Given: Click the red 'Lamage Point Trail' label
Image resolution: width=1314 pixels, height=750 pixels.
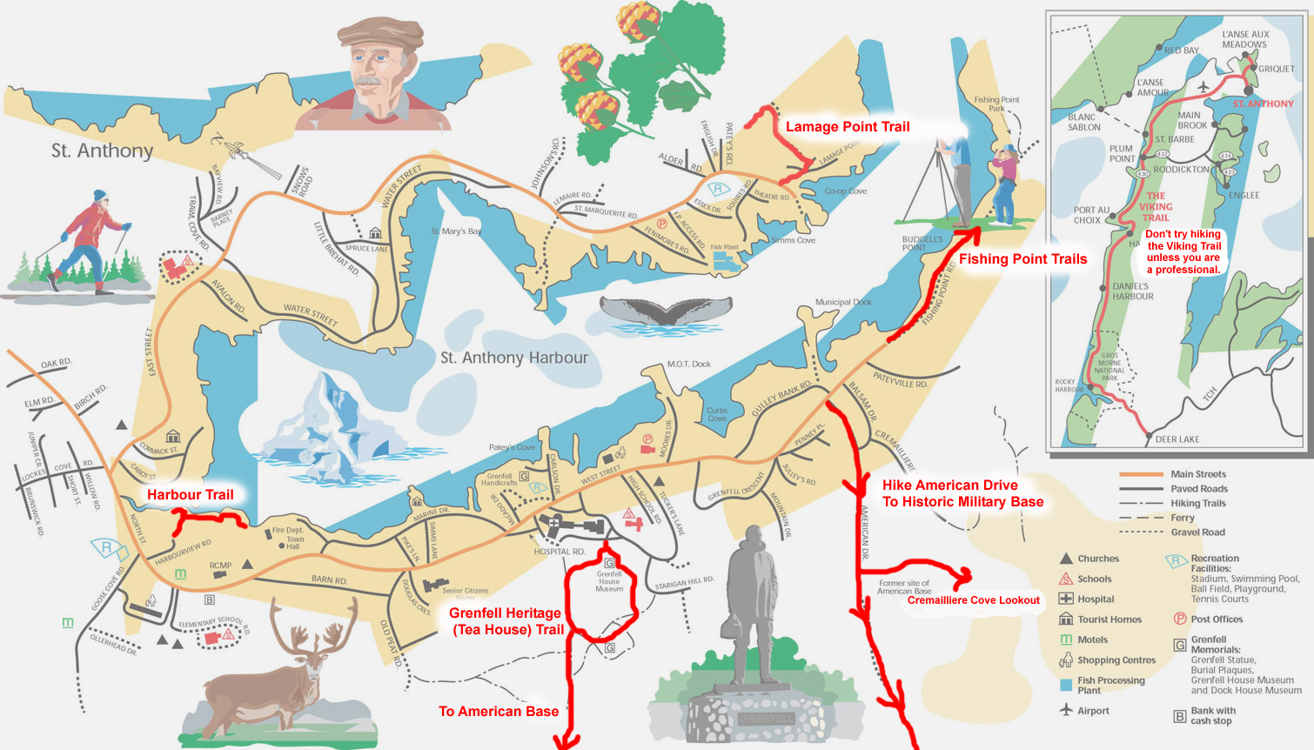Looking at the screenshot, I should coord(847,127).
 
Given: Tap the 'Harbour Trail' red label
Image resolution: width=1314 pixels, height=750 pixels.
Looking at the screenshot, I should coord(190,495).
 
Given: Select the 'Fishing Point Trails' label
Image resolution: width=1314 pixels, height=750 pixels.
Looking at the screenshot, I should coord(1022,259).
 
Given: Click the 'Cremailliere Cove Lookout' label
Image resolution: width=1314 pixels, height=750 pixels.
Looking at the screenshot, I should coord(973,600).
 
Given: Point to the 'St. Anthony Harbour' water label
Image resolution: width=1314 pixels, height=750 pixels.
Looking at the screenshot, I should coord(513,358).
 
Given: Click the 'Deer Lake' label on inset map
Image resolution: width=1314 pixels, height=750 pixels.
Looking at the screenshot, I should coord(1177,439).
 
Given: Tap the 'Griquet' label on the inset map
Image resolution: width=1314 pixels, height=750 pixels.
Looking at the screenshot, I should coord(1276,69).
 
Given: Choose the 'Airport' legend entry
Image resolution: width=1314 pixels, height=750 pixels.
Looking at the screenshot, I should coord(1093,711).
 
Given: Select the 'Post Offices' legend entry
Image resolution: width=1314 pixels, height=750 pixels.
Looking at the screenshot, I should coord(1216,619).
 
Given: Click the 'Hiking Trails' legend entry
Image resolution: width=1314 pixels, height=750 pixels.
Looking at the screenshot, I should coord(1197,503).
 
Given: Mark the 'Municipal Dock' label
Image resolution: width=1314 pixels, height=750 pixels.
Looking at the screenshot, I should coord(843,302).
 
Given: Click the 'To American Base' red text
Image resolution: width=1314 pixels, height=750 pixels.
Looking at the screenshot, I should coord(498,712).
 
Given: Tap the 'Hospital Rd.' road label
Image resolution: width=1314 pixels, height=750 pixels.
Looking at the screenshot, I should coord(560,552).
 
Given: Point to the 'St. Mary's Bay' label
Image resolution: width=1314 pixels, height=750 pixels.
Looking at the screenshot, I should coord(456,231).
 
